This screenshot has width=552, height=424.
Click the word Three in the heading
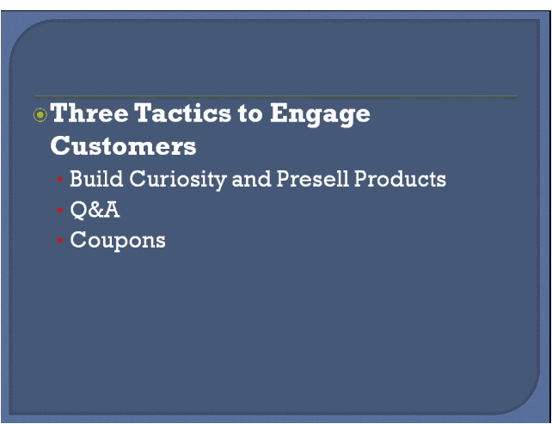pyautogui.click(x=89, y=113)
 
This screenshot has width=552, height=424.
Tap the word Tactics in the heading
pyautogui.click(x=182, y=113)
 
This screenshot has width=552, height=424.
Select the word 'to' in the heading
pyautogui.click(x=250, y=114)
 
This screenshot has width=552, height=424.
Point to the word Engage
pyautogui.click(x=320, y=114)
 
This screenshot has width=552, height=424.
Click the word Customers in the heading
pyautogui.click(x=123, y=146)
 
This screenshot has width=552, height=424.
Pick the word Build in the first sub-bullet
pyautogui.click(x=96, y=179)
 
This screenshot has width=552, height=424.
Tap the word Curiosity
pyautogui.click(x=178, y=180)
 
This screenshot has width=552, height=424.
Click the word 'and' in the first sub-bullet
pyautogui.click(x=251, y=179)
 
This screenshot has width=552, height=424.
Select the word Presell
pyautogui.click(x=313, y=179)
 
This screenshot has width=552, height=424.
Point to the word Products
pyautogui.click(x=401, y=179)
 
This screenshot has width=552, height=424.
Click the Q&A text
pyautogui.click(x=95, y=210)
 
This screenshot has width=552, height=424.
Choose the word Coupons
pyautogui.click(x=118, y=241)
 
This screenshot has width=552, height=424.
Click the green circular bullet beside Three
pyautogui.click(x=40, y=114)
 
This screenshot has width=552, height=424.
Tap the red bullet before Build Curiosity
pyautogui.click(x=60, y=180)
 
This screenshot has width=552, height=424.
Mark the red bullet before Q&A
pyautogui.click(x=60, y=210)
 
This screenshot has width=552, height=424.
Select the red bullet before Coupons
pyautogui.click(x=60, y=240)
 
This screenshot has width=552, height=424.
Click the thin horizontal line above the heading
pyautogui.click(x=275, y=96)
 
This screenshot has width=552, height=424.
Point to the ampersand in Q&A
pyautogui.click(x=94, y=210)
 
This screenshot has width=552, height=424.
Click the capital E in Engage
pyautogui.click(x=279, y=113)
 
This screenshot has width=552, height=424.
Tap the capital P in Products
pyautogui.click(x=361, y=179)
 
